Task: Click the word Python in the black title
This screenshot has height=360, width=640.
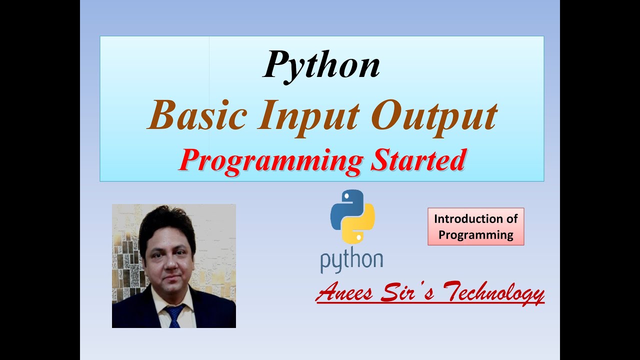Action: point(321,65)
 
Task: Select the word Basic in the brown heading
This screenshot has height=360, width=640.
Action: point(196,115)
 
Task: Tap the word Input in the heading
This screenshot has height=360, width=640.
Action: point(310,115)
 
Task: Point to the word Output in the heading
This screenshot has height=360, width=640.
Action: point(435,115)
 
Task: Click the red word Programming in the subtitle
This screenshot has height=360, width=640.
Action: point(270,160)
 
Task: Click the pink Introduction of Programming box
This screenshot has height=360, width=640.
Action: point(475,226)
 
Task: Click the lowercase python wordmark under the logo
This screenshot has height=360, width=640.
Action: point(351,261)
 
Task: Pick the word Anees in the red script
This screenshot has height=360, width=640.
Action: point(344,292)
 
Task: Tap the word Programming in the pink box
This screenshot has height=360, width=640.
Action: point(475,234)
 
